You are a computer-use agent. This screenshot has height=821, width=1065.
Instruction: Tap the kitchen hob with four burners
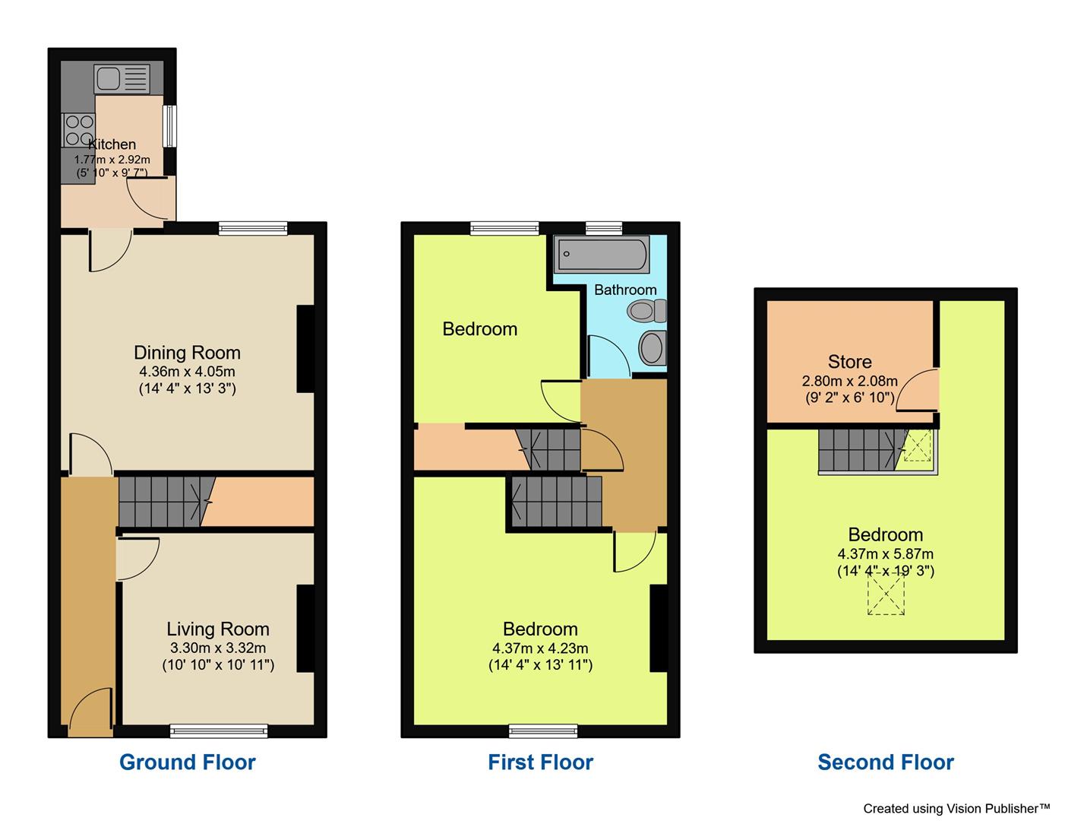(x=78, y=130)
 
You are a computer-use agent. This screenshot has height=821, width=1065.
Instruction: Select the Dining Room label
(x=187, y=353)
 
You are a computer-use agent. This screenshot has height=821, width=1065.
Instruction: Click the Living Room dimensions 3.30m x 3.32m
(x=218, y=648)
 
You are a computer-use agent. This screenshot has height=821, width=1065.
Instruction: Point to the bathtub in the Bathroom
(x=602, y=255)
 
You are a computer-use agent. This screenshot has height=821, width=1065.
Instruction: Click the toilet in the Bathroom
(x=647, y=310)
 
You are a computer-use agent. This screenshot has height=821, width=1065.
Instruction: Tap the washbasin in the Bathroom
(x=652, y=347)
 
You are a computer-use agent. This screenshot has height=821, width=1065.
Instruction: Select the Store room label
(x=849, y=362)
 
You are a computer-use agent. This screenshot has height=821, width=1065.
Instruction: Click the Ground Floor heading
(x=188, y=762)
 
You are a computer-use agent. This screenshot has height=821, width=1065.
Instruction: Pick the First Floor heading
(x=540, y=762)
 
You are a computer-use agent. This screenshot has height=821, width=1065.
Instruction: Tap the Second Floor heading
(x=886, y=762)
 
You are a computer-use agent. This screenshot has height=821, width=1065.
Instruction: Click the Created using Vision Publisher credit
(x=956, y=809)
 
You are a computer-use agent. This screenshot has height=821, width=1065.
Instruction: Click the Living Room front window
(x=219, y=731)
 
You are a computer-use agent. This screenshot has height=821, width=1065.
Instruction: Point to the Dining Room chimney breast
(x=305, y=349)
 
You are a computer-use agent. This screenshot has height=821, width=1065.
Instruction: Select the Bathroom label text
(x=625, y=290)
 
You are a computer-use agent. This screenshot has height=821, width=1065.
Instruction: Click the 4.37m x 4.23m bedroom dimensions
(x=540, y=648)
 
